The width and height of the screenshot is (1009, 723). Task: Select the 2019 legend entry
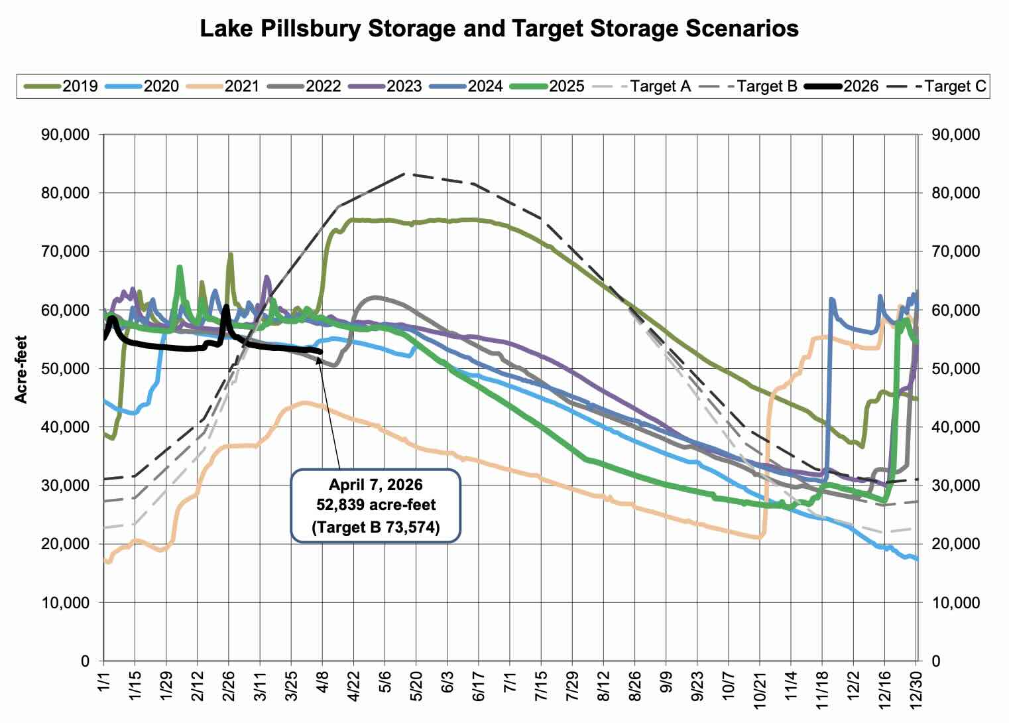click(80, 86)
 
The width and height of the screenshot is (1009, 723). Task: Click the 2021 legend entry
click(241, 86)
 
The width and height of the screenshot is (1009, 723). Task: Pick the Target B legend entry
click(766, 86)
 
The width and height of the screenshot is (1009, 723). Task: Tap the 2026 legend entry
click(861, 86)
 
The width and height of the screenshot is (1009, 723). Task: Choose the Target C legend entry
click(955, 86)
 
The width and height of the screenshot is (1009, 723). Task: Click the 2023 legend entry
click(404, 86)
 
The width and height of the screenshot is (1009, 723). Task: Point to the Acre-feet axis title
click(21, 369)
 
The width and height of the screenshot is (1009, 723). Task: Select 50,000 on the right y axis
click(955, 369)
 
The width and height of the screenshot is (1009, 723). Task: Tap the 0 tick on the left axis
click(84, 661)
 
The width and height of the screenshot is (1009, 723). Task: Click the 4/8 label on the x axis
click(323, 690)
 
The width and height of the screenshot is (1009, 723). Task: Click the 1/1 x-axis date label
click(104, 690)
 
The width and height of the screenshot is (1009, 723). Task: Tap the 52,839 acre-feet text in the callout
click(375, 505)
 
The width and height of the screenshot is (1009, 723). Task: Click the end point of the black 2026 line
click(322, 352)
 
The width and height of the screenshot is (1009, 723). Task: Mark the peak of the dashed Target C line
click(405, 174)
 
